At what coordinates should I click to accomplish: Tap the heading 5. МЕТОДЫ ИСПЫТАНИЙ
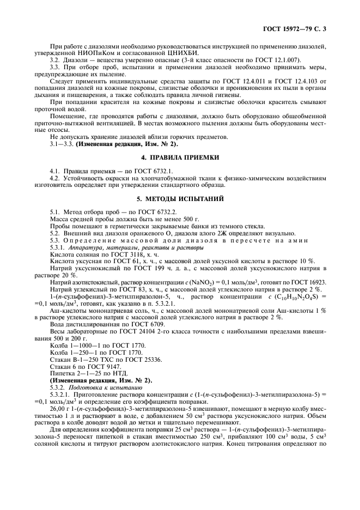(180, 198)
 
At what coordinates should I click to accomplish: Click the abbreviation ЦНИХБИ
(182, 52)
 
